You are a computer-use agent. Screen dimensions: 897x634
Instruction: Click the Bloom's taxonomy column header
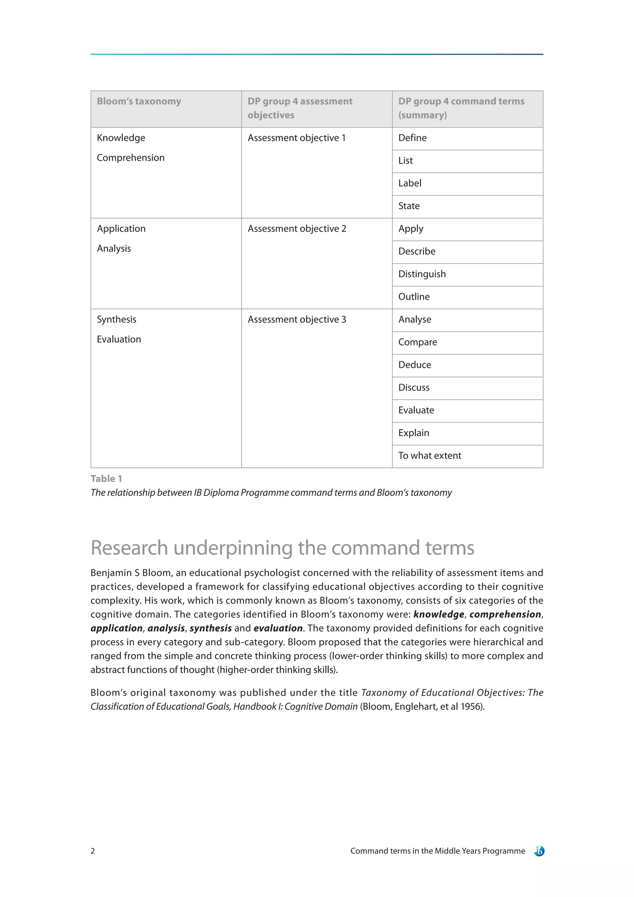(x=139, y=102)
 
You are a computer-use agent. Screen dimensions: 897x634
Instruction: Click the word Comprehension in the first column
(x=130, y=158)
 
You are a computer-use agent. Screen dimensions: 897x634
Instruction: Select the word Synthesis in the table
(x=116, y=320)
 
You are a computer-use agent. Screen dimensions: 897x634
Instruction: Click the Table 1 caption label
(x=106, y=479)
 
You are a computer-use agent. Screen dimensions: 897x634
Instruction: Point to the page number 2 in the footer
(x=93, y=851)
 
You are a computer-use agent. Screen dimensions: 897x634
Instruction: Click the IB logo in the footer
(x=539, y=851)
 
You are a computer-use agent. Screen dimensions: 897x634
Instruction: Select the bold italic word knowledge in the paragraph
(x=438, y=615)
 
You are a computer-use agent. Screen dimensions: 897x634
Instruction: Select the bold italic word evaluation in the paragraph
(x=278, y=628)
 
